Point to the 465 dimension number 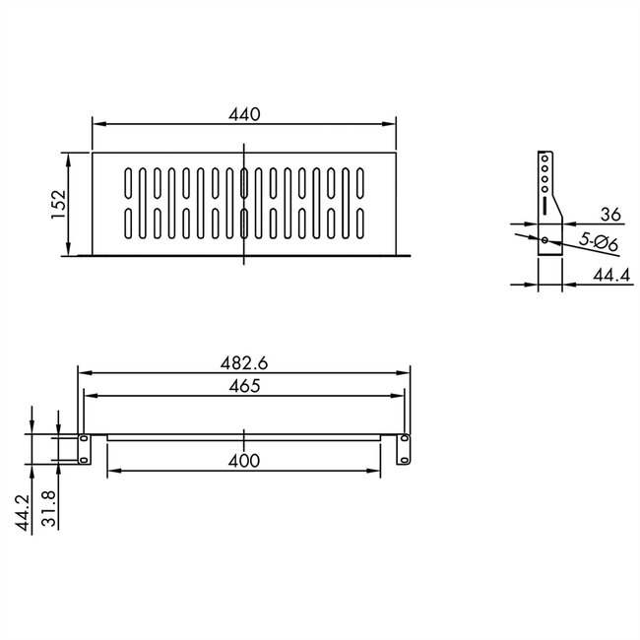pos(243,386)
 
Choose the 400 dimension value pos(243,460)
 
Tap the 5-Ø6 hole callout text pos(598,241)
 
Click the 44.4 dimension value pos(610,277)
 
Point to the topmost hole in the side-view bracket pos(544,159)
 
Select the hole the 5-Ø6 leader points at pos(544,239)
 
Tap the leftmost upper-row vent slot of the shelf pos(128,183)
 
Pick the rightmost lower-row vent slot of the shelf pos(360,224)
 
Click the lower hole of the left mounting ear pos(84,458)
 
